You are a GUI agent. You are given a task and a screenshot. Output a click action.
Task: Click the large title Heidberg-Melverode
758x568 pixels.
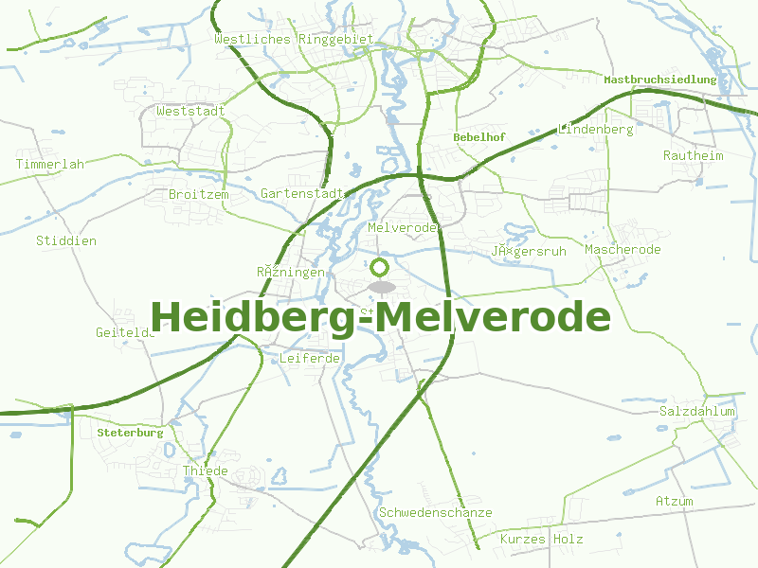point(380,316)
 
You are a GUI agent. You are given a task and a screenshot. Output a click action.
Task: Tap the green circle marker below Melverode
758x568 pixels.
point(380,268)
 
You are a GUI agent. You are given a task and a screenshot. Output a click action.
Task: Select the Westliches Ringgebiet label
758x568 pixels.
point(294,40)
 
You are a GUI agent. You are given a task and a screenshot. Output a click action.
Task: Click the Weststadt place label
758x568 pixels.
point(191,111)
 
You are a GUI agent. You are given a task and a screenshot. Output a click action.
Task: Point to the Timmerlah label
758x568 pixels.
point(50,164)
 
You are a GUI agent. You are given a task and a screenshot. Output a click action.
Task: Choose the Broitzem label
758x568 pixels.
point(199,194)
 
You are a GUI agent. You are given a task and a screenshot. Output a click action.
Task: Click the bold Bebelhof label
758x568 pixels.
point(479,137)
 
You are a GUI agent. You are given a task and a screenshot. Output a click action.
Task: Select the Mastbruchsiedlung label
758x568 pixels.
point(660,80)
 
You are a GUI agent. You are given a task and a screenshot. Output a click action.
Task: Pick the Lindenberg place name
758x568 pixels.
point(596,129)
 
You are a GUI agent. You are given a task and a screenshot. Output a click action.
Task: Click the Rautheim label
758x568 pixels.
point(694,155)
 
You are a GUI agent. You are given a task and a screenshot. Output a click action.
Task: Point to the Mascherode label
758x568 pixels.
point(623,250)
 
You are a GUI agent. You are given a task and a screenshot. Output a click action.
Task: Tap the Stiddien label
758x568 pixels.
point(66,240)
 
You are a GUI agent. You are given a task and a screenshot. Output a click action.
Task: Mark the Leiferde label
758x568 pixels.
point(310,359)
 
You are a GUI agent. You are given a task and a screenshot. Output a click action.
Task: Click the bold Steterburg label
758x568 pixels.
point(130,433)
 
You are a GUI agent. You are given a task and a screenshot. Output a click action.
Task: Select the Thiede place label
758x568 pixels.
point(206,471)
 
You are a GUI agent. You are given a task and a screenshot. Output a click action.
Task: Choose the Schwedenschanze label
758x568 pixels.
point(436,512)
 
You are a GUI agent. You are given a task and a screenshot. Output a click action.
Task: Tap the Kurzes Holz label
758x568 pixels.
point(542,540)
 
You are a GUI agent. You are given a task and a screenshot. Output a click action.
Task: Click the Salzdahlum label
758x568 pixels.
point(697,412)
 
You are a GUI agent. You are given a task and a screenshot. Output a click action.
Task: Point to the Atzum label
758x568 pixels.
point(675,501)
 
